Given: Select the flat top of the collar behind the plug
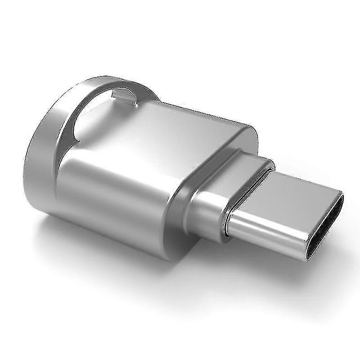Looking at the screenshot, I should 234,166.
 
